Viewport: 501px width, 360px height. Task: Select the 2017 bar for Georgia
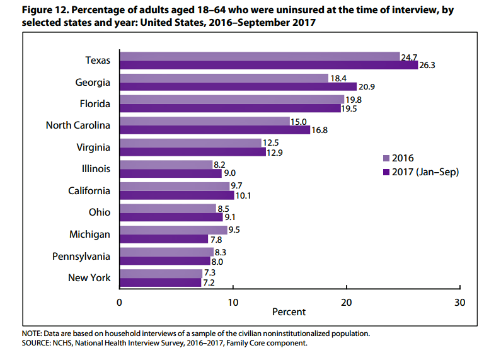tap(238, 86)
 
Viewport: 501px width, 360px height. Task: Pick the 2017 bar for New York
tap(160, 282)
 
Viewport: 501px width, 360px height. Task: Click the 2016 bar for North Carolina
tap(204, 121)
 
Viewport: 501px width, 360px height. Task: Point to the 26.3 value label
tap(427, 65)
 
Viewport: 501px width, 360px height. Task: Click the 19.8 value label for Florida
tap(354, 99)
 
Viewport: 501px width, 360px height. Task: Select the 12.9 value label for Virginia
tap(275, 152)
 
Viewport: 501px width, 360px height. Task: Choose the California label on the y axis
tap(89, 191)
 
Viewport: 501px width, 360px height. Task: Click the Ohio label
tap(100, 212)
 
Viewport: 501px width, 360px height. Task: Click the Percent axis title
tap(289, 312)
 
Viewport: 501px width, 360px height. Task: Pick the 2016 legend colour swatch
tap(386, 158)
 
